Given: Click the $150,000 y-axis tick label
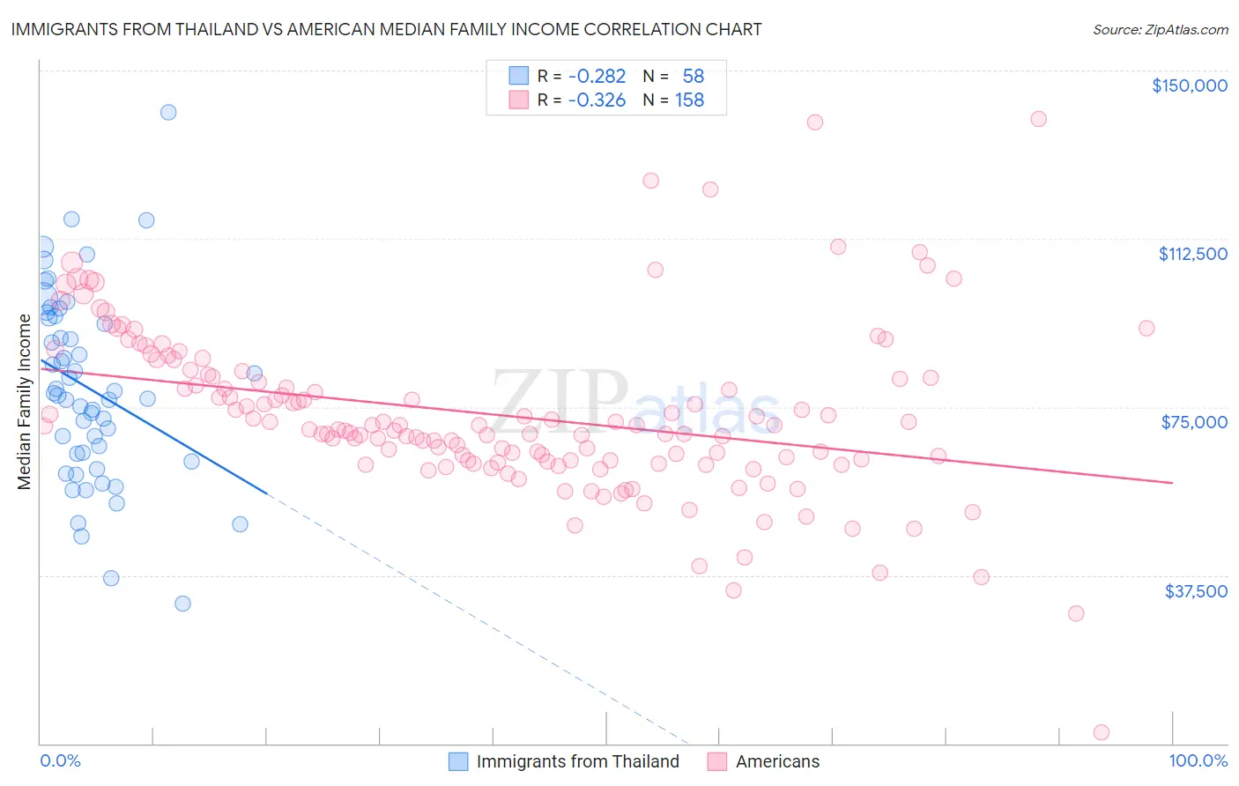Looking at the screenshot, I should [x=1189, y=85].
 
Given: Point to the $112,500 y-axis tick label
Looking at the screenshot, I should [x=1192, y=254].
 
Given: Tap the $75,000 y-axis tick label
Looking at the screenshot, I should [x=1194, y=422].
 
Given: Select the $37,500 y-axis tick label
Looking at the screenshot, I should [x=1196, y=591].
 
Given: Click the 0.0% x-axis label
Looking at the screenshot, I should [x=60, y=760].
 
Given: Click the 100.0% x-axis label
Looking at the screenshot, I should [x=1198, y=760].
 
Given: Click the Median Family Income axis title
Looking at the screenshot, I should [x=25, y=402].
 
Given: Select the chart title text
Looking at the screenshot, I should [x=386, y=29].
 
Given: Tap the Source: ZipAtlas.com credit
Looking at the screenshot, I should [x=1160, y=29].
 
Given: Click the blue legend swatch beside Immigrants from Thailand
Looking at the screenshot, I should [x=458, y=761].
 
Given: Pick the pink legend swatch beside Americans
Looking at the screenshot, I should [x=717, y=761].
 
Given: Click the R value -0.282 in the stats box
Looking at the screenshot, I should [x=597, y=76].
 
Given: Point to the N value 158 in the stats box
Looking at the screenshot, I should [x=689, y=100].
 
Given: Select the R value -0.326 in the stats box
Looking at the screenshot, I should [x=597, y=100].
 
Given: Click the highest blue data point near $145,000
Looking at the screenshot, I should [x=168, y=112].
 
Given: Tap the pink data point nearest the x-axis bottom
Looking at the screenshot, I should [x=1101, y=732].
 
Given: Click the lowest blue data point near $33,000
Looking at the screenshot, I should [x=182, y=604].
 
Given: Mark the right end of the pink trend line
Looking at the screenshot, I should [x=1172, y=483].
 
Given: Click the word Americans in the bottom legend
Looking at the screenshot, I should [x=777, y=761].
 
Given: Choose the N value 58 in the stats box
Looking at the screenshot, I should [x=693, y=76].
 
